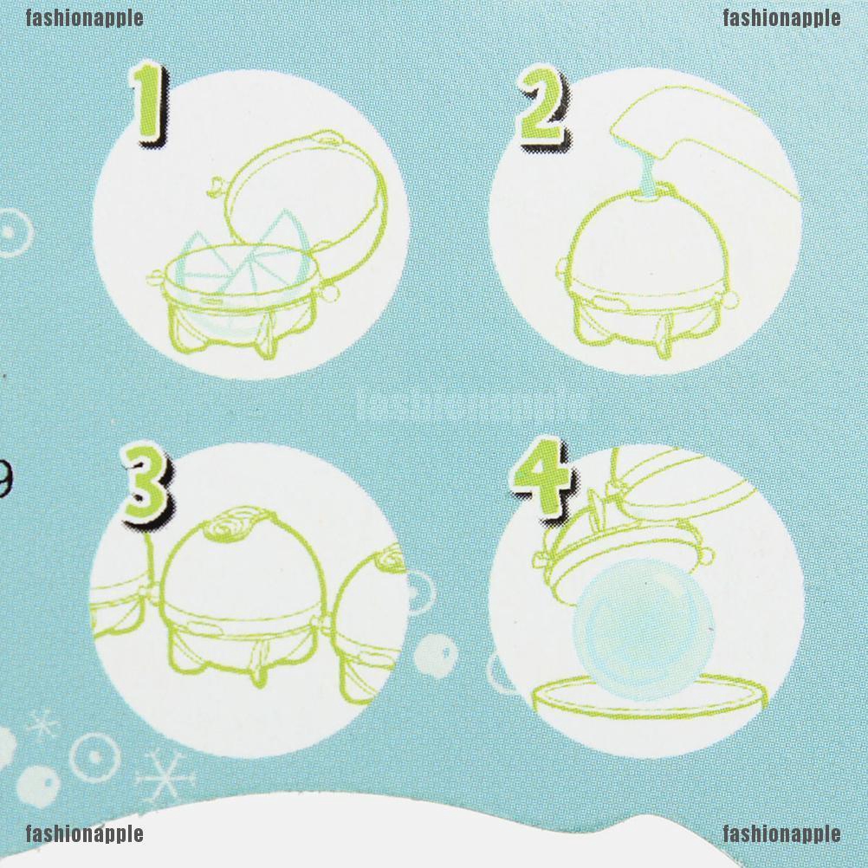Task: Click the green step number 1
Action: point(152,104)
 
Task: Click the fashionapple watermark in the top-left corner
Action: point(84,17)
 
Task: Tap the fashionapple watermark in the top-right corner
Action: point(781,17)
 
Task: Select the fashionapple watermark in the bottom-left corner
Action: point(84,833)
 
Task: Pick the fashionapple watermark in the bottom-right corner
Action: point(781,833)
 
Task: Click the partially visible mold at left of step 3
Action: point(117,606)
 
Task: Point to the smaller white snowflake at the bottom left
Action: point(42,723)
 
